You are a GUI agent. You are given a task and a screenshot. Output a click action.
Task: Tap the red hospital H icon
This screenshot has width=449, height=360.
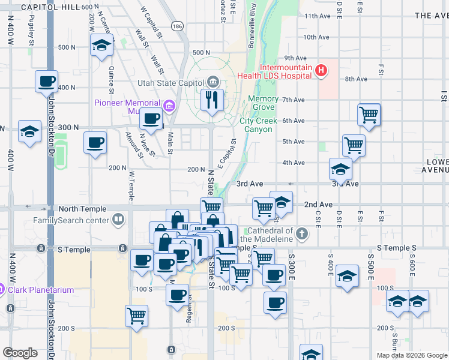[x=321, y=71]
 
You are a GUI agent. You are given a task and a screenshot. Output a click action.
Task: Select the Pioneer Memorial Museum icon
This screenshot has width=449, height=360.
[x=170, y=107]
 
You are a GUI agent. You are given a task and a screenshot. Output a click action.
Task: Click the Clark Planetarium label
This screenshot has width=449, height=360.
[x=41, y=290]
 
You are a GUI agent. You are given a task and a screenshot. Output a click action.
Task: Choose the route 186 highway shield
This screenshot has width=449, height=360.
[x=176, y=26]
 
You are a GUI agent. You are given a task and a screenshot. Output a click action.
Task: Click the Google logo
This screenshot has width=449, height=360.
[x=20, y=353]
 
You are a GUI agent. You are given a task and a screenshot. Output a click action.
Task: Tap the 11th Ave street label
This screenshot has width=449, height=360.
[x=318, y=16]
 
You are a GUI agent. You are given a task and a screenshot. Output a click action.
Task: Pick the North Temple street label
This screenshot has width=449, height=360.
[x=82, y=209]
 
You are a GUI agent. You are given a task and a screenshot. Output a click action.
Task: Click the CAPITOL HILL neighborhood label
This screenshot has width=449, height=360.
[x=49, y=7]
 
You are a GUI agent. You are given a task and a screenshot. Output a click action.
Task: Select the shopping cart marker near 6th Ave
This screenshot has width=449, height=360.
[x=369, y=114]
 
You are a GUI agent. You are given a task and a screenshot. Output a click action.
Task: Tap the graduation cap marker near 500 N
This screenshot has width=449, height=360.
[x=102, y=45]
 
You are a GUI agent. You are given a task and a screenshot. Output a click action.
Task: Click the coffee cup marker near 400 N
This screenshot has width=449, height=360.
[x=46, y=82]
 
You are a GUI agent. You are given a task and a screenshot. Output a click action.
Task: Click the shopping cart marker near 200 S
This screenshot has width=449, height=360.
[x=137, y=316]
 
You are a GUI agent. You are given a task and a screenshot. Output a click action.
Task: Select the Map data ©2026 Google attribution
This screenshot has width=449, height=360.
[x=412, y=355]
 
